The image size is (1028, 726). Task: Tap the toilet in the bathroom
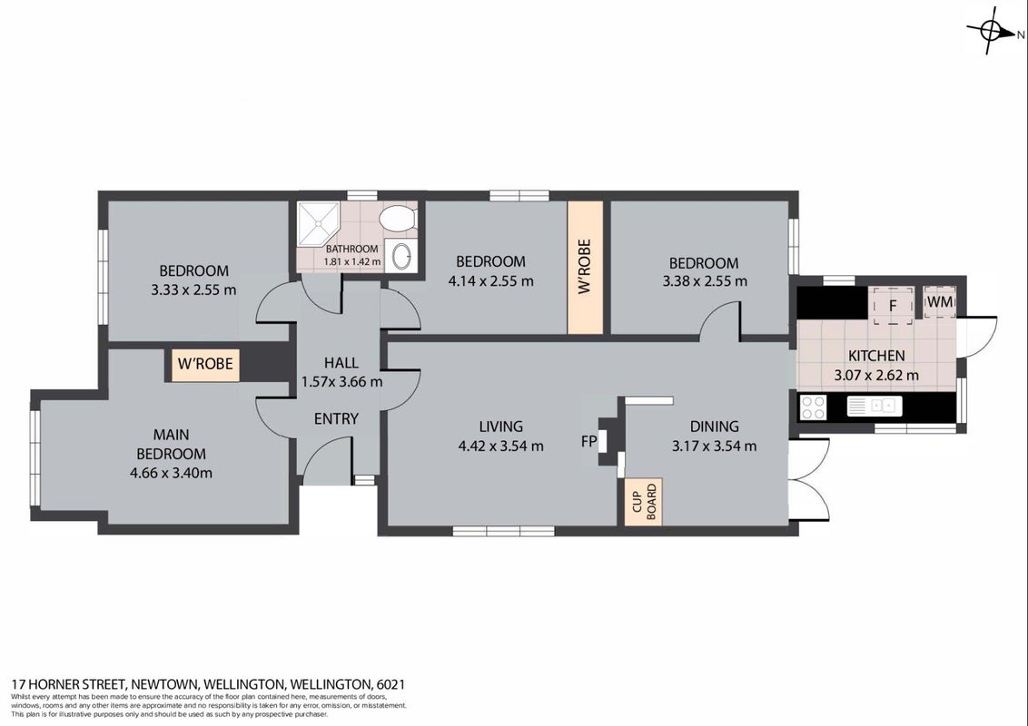[x=399, y=218]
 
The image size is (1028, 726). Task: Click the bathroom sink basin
[x=401, y=256]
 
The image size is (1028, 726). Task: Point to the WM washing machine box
[x=940, y=302]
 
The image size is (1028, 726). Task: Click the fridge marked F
[x=892, y=306]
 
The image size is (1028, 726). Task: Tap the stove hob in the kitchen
[x=814, y=407]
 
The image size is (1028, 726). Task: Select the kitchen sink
[x=875, y=407]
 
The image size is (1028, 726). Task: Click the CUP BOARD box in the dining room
[x=643, y=501]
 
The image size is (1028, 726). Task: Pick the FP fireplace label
[x=588, y=442]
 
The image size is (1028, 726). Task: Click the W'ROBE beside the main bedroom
[x=205, y=363]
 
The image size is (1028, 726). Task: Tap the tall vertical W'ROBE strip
[x=585, y=268]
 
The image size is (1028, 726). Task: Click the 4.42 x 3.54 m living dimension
[x=501, y=446]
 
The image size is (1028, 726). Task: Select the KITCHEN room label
[x=876, y=356]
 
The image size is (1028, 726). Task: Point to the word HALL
[x=341, y=362]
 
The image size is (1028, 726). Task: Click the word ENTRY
[x=336, y=418]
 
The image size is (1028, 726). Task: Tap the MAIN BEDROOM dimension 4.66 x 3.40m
[x=171, y=473]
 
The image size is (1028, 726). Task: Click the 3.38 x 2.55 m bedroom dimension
[x=704, y=281]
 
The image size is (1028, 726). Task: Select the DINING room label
[x=714, y=427]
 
